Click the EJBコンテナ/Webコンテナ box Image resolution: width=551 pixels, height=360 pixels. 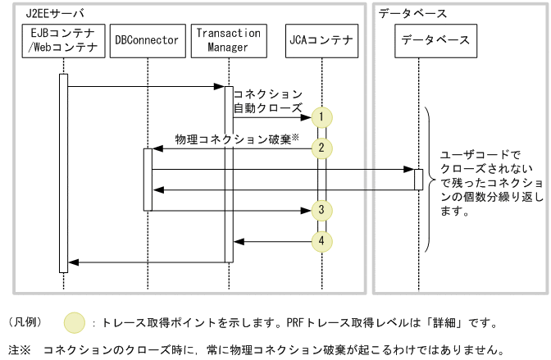(62, 41)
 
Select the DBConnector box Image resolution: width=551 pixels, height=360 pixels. (147, 40)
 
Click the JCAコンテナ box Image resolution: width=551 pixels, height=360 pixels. (321, 40)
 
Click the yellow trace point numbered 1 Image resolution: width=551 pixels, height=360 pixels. (322, 117)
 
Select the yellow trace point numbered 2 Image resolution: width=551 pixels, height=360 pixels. (322, 148)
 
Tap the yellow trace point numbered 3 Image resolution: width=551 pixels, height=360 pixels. (322, 210)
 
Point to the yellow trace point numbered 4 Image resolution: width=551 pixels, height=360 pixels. (322, 241)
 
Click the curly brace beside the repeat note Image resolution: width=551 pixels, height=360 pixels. (428, 180)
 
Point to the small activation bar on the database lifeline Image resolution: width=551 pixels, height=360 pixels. (418, 179)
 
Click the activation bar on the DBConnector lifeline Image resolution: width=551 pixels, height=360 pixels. (148, 180)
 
